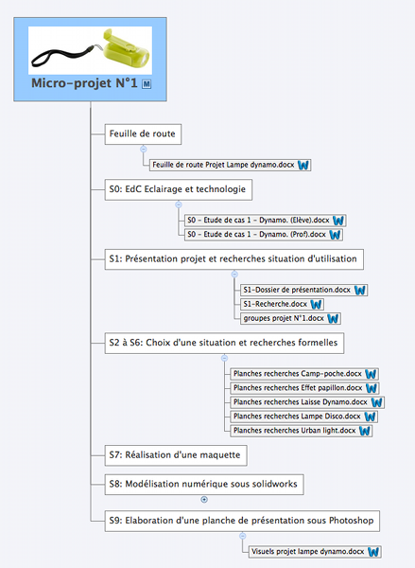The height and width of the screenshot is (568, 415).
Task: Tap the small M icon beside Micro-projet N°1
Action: (147, 84)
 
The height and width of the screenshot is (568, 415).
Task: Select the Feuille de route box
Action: (143, 134)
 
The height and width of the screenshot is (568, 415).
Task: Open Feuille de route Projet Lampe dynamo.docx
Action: (230, 165)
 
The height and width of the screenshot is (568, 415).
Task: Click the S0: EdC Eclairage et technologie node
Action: (179, 189)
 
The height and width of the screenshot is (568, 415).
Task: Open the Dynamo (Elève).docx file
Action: (266, 221)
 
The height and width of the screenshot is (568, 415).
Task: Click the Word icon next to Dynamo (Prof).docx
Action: (335, 235)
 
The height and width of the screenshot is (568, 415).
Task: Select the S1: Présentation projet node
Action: (234, 259)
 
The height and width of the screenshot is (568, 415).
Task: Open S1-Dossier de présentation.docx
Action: (303, 290)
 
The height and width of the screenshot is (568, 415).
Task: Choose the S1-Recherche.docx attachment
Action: (282, 304)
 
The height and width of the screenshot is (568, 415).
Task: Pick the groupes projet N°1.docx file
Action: (290, 318)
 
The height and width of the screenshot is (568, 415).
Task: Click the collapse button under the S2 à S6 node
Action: (224, 358)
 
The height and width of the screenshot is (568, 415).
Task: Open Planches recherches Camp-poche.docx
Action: (304, 374)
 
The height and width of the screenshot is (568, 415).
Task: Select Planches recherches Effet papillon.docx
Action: (304, 388)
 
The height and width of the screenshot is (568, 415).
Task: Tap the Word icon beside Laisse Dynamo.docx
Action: (376, 402)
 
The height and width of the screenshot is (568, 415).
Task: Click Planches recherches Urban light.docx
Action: (301, 431)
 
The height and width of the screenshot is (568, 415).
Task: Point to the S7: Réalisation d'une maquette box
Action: (176, 455)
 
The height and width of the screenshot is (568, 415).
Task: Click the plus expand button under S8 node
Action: (204, 500)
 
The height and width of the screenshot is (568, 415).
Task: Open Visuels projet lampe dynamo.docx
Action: (315, 552)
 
